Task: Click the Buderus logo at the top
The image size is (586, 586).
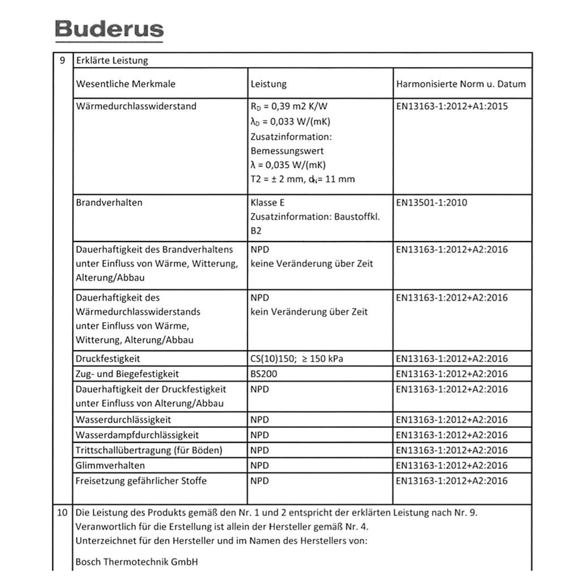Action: pos(109,29)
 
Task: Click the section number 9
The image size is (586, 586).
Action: pos(63,60)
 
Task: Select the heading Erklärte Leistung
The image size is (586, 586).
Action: pos(112,60)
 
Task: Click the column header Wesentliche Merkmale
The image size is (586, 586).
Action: pos(125,84)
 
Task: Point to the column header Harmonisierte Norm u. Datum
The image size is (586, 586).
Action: pos(461,84)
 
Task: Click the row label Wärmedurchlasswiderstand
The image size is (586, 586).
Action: pos(136,107)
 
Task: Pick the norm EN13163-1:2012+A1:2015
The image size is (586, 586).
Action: pos(452,107)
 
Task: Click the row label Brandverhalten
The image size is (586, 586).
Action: pos(109,203)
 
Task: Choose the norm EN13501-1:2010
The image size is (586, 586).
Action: pos(431,203)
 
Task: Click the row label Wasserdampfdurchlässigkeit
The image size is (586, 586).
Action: pos(137,435)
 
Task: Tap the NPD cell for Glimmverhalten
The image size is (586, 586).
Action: pos(260,465)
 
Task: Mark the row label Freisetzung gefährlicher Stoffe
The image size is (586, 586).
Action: pos(141,481)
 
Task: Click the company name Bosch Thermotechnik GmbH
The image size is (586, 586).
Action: pos(137,561)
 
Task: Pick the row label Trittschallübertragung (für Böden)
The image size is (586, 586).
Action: pos(149,450)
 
